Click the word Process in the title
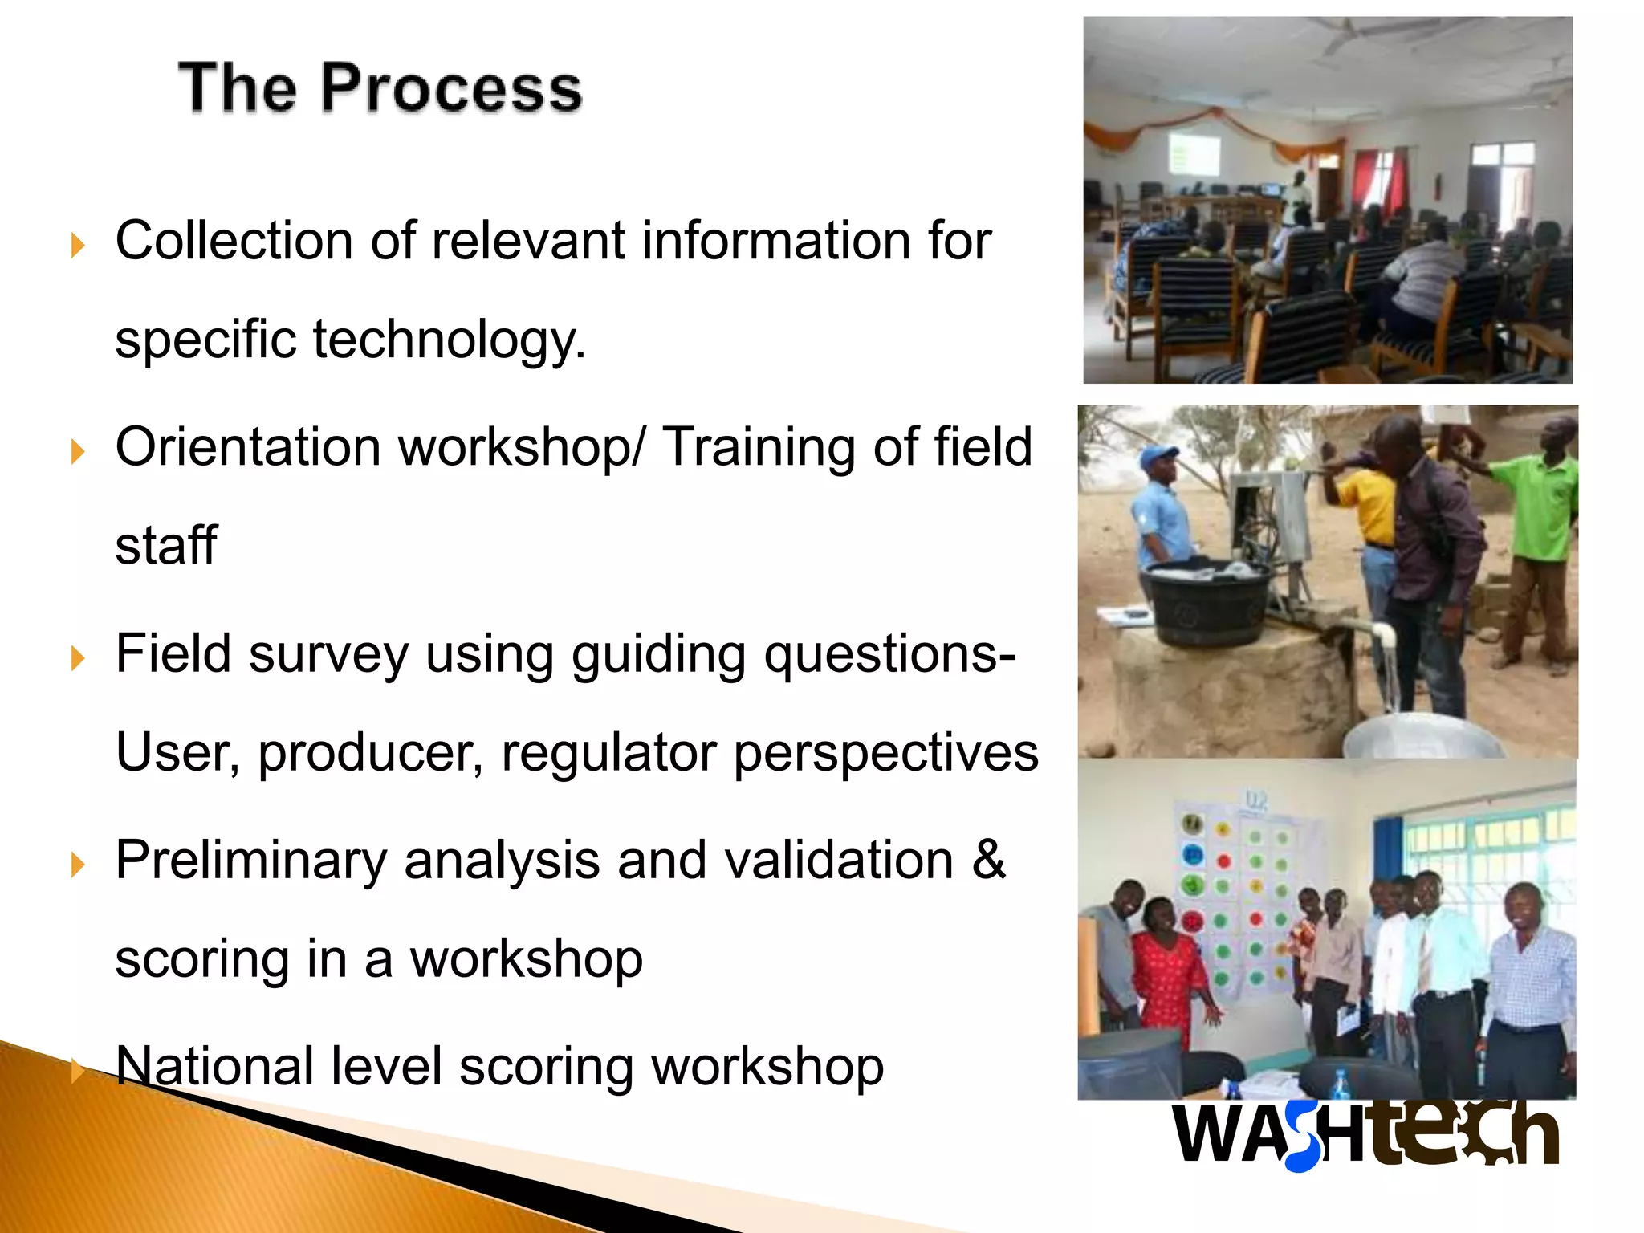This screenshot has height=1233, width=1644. coord(452,87)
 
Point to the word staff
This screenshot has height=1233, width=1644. coord(166,546)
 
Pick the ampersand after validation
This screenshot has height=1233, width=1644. coord(988,860)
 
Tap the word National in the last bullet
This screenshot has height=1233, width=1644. coord(214,1067)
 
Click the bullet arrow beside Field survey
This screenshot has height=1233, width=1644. coord(78,659)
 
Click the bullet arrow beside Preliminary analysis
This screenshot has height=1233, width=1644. coord(78,865)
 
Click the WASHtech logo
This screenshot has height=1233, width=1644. coord(1365,1133)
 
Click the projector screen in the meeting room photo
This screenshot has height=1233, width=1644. coord(1194,154)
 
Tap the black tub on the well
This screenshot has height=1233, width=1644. coord(1209,602)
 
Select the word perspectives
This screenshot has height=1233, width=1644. coord(885,753)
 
